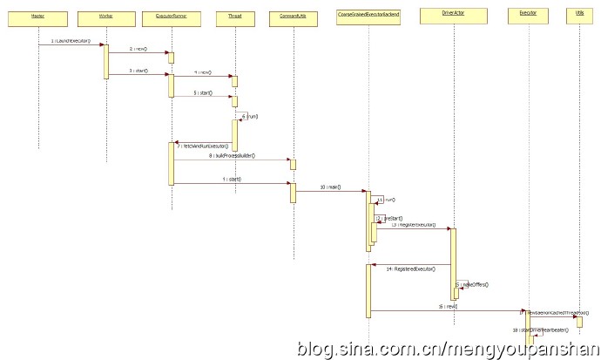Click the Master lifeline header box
37,16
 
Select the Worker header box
106,16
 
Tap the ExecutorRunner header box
171,16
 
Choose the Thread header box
234,16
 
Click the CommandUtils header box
293,16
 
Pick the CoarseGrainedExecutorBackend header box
368,16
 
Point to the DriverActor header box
453,16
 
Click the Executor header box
527,16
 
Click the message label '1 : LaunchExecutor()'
71,41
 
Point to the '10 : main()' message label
330,187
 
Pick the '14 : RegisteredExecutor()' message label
412,270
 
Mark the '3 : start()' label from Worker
138,71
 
